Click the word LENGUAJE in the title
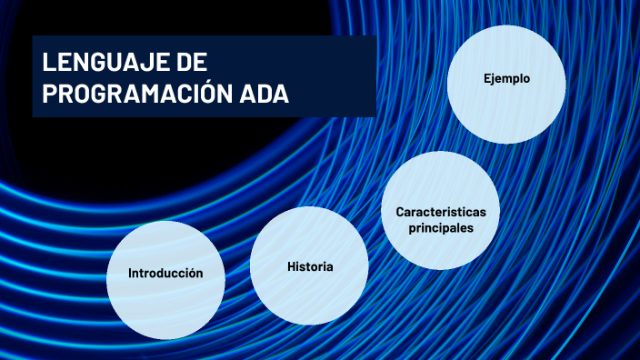pyautogui.click(x=102, y=63)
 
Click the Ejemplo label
pyautogui.click(x=506, y=79)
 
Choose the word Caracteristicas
pyautogui.click(x=441, y=212)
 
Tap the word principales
pyautogui.click(x=441, y=228)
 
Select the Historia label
pyautogui.click(x=310, y=267)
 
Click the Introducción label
pyautogui.click(x=165, y=273)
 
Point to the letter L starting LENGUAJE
pyautogui.click(x=48, y=63)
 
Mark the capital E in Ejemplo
pyautogui.click(x=486, y=79)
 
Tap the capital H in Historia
pyautogui.click(x=291, y=267)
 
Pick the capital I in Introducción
pyautogui.click(x=130, y=273)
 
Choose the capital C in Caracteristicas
pyautogui.click(x=399, y=212)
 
